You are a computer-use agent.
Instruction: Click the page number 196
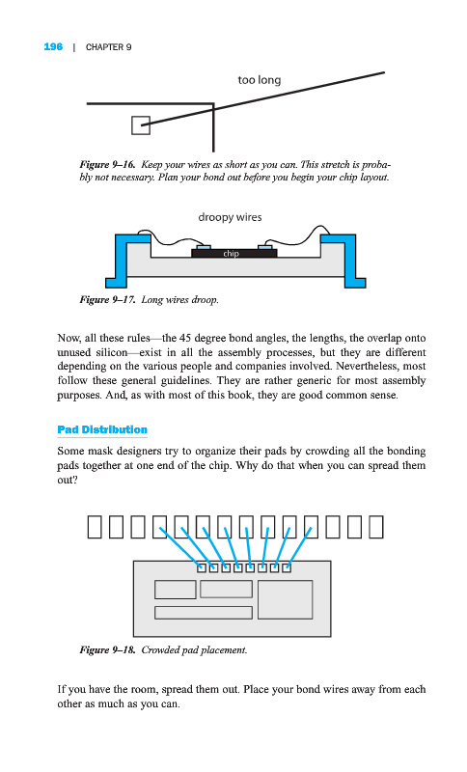pos(53,46)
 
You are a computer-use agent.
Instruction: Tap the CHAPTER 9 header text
pos(108,47)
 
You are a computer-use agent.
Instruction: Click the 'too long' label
pos(260,80)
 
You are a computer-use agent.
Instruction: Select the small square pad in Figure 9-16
pos(140,125)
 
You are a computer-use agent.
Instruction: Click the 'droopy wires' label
pos(230,217)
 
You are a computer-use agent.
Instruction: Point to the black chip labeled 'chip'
pos(234,253)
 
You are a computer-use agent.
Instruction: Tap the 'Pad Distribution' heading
pos(102,429)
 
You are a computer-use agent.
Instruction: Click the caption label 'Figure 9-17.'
pos(107,299)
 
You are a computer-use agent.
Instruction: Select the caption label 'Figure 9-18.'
pos(107,649)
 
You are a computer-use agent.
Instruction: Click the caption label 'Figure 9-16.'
pos(107,164)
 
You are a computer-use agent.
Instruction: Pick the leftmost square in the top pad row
pos(95,527)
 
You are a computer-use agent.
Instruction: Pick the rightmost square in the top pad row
pos(376,527)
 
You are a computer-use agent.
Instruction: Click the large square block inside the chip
pos(285,599)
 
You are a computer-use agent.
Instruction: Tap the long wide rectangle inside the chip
pos(204,613)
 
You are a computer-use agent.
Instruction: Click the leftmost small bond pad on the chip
pos(202,568)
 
